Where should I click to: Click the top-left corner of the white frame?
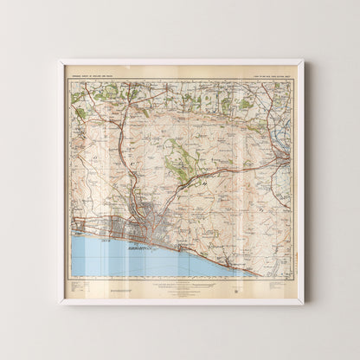pos(61,61)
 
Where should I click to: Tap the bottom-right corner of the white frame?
pos(302,303)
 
